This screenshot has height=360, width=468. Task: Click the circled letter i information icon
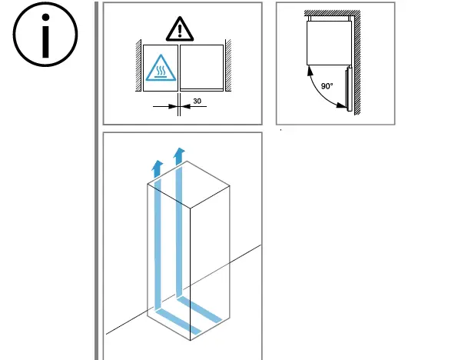tap(45, 38)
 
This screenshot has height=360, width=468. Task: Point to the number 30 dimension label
tap(197, 100)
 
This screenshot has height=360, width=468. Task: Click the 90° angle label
tap(327, 85)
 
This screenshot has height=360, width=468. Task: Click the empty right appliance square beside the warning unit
tap(201, 68)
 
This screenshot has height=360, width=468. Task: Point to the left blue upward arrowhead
tap(157, 166)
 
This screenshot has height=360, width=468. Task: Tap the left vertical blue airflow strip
tap(157, 246)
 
